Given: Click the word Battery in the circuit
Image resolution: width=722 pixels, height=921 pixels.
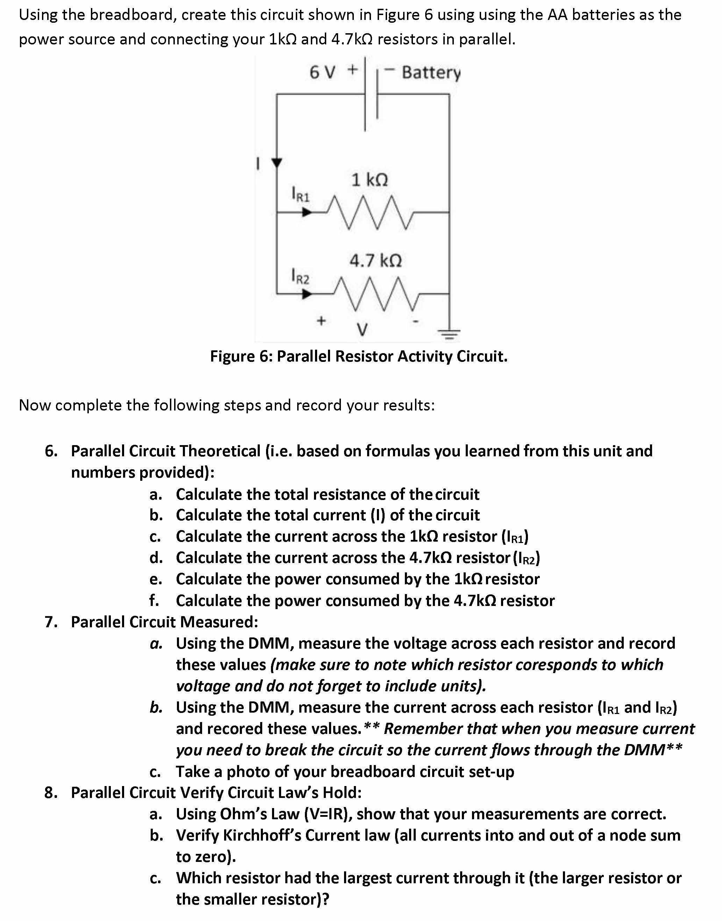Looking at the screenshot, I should [431, 73].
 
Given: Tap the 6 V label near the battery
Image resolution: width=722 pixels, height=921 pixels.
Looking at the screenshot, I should [322, 72].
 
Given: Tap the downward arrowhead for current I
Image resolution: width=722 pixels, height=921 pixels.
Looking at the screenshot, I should [277, 163].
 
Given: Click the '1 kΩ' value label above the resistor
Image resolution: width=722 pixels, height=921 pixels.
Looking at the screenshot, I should [370, 180].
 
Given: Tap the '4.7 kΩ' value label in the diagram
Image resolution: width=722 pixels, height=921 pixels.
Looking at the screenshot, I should [376, 260].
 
